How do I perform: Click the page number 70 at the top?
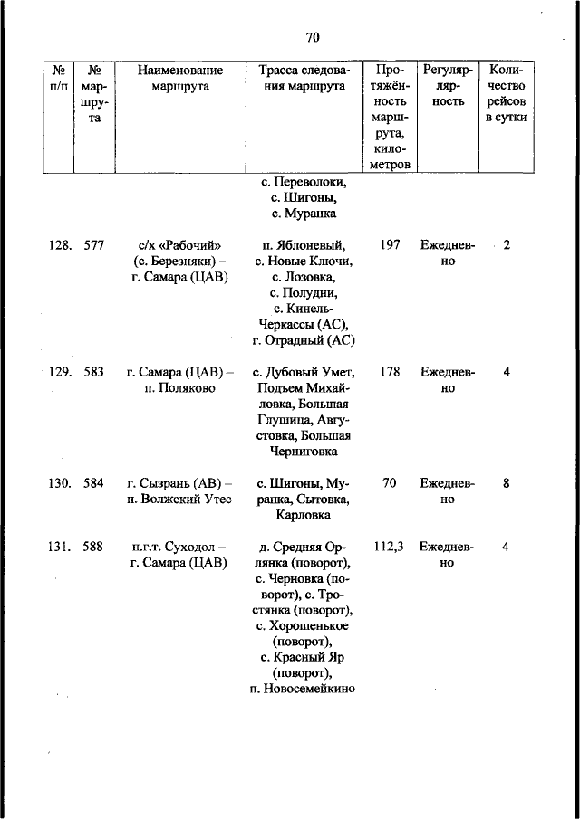coord(314,37)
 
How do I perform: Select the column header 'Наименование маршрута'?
coord(181,78)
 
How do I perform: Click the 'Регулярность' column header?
coord(448,85)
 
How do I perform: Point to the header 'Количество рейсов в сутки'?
coord(507,93)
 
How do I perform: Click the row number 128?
coord(60,245)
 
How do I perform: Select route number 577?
coord(93,245)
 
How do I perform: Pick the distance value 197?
coord(390,245)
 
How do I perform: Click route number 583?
coord(93,371)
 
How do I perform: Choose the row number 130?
coord(60,483)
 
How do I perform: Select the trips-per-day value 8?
coord(507,483)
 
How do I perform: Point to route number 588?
coord(93,547)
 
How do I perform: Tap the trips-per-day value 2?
coord(507,245)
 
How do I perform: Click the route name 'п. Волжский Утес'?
coord(180,500)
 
